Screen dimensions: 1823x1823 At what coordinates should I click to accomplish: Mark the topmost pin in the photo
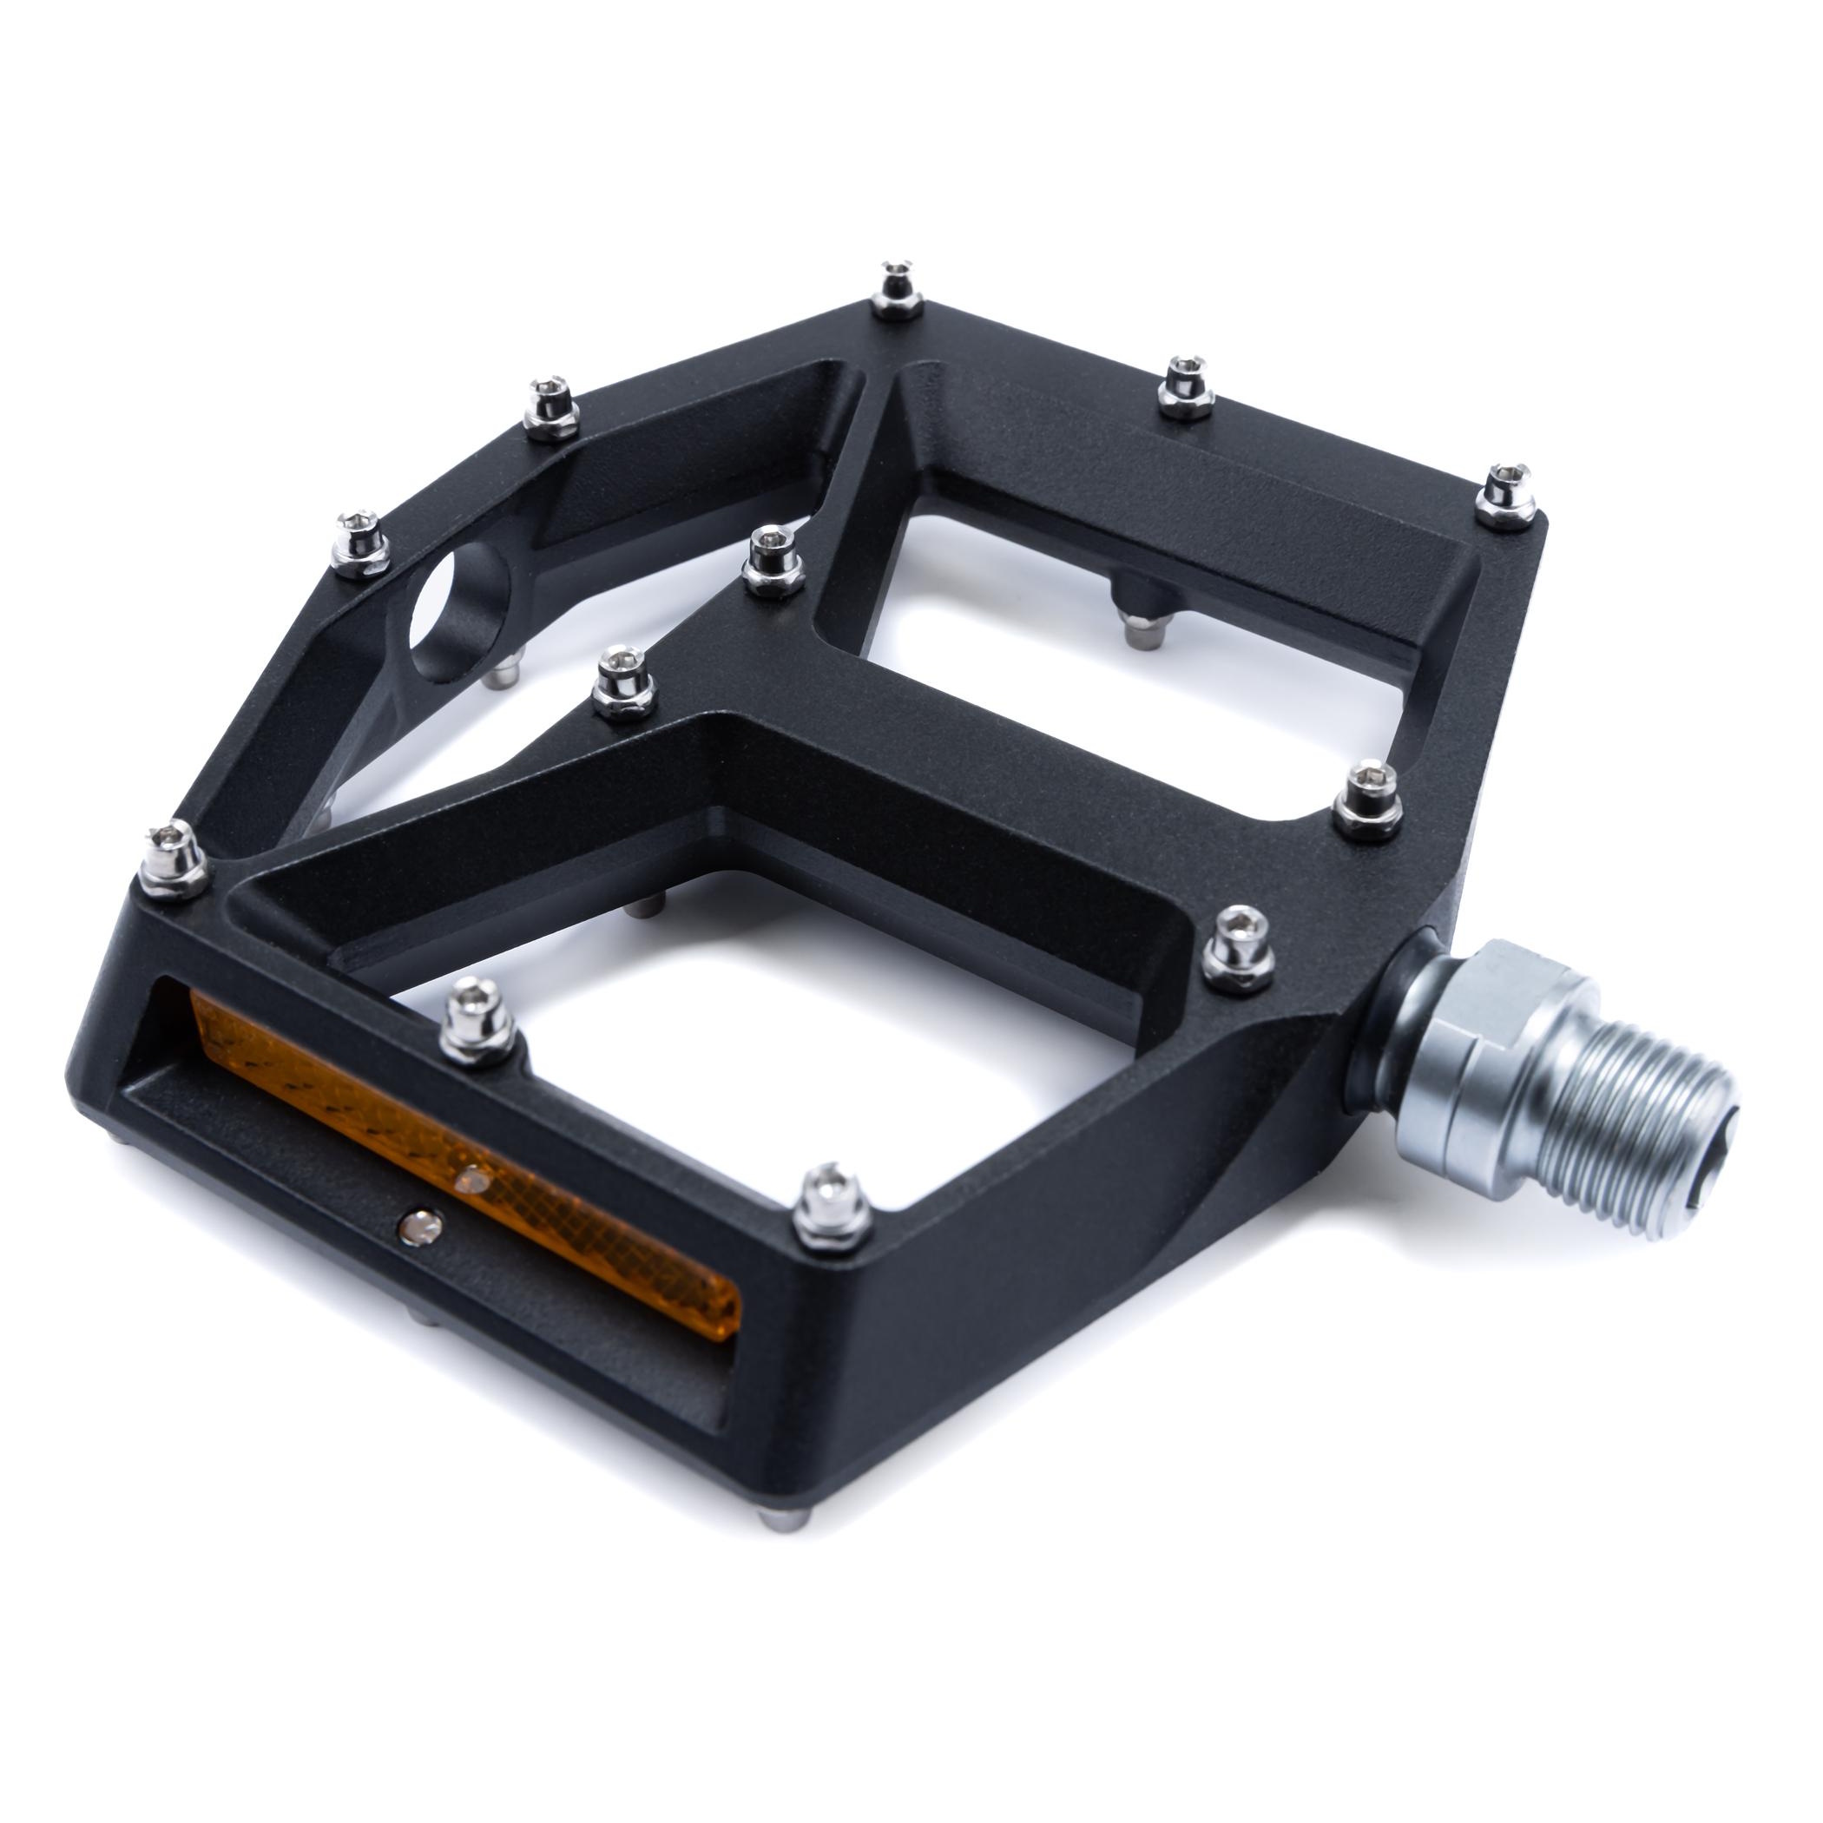click(x=896, y=288)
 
